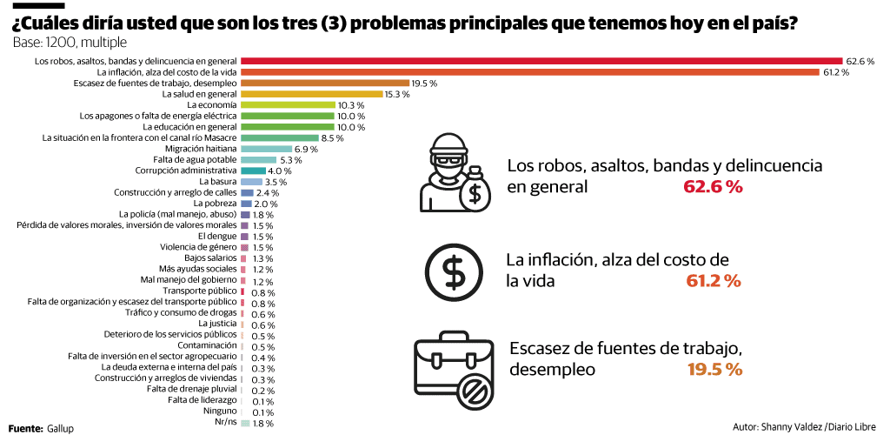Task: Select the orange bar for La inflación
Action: coord(530,72)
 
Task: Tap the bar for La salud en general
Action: coord(311,94)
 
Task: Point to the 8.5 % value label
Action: coord(333,137)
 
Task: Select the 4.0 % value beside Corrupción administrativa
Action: coord(280,171)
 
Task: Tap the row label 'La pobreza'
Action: coord(218,204)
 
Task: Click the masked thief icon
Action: coord(454,173)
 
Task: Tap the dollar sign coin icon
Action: coord(454,271)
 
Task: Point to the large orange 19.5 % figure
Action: coord(714,369)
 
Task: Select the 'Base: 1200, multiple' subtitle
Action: coord(70,42)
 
